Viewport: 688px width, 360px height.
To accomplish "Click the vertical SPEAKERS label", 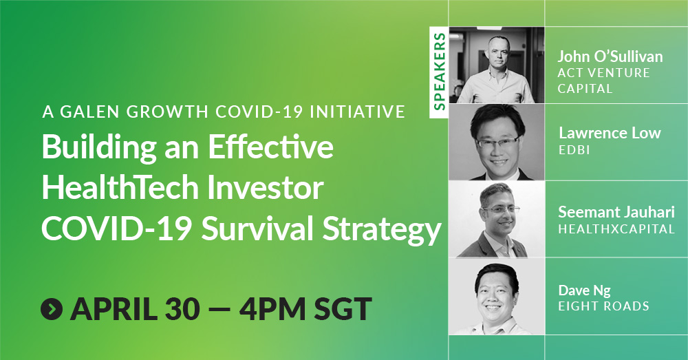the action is (439, 71).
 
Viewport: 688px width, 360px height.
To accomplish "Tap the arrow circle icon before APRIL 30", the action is (52, 308).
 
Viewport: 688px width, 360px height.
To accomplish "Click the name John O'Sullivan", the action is (610, 56).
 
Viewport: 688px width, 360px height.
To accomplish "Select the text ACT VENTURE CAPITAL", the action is (604, 81).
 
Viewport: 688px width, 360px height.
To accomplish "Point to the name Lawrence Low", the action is (610, 133).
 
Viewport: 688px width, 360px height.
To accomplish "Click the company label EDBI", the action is (574, 149).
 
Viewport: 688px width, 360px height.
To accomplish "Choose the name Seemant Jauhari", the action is (616, 212).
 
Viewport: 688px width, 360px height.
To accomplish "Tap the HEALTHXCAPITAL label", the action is (616, 229).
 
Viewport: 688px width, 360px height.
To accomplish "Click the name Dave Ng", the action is (584, 290).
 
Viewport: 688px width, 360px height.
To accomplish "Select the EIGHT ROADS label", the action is (603, 306).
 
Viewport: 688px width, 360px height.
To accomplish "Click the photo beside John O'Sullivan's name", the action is (497, 65).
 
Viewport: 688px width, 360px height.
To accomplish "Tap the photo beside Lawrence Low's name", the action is (497, 142).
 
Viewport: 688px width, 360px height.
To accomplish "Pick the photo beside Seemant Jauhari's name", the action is (497, 219).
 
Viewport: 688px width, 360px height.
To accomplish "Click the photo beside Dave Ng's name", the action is (497, 297).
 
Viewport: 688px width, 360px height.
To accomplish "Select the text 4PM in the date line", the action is (272, 308).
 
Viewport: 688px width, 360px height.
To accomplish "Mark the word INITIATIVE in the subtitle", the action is (358, 112).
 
